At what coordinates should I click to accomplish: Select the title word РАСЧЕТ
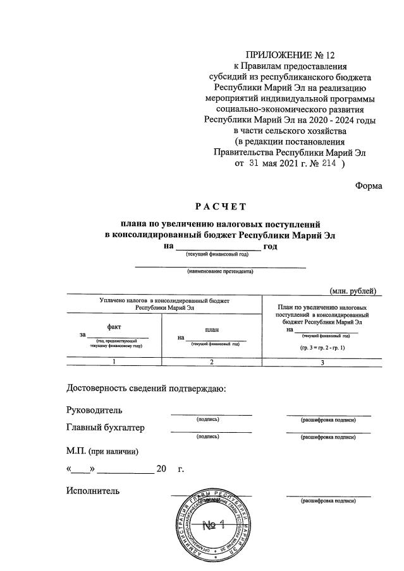pos(220,206)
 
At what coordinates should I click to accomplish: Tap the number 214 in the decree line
pos(327,163)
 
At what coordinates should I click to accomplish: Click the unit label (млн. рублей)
pos(353,290)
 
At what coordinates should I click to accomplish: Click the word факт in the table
pos(114,326)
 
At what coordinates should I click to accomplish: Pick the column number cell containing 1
pos(114,362)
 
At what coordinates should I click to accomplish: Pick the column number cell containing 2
pos(212,362)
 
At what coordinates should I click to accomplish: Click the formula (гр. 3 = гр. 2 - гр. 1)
pos(322,348)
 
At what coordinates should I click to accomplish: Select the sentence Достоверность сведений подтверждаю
pos(145,388)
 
